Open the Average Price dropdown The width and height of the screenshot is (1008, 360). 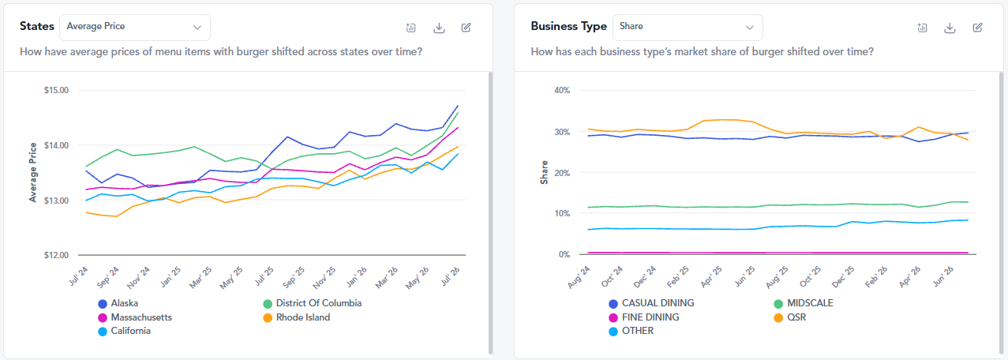(134, 27)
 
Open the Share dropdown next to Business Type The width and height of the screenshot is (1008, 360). (688, 27)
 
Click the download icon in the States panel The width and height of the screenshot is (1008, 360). (439, 28)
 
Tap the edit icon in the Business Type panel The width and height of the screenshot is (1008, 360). (977, 28)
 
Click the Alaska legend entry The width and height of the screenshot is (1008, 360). (118, 303)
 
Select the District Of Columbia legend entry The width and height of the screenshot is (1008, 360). (313, 303)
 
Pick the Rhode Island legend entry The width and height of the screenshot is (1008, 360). (297, 317)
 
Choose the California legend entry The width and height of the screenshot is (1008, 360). (125, 332)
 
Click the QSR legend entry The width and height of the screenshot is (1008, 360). (790, 317)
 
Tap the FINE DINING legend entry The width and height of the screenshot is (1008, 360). (644, 317)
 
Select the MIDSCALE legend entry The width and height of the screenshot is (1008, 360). (804, 303)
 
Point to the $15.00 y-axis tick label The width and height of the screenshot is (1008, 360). (56, 91)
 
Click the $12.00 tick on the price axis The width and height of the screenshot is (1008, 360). (56, 255)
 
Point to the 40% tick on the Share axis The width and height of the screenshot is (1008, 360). (562, 91)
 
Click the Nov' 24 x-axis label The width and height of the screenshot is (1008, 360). (139, 277)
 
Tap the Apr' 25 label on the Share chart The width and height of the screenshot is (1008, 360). (711, 276)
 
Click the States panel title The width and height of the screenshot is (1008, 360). (37, 27)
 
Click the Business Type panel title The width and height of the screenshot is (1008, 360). (569, 27)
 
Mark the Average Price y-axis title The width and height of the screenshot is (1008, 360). (33, 172)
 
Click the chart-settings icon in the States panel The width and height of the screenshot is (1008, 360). (410, 28)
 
